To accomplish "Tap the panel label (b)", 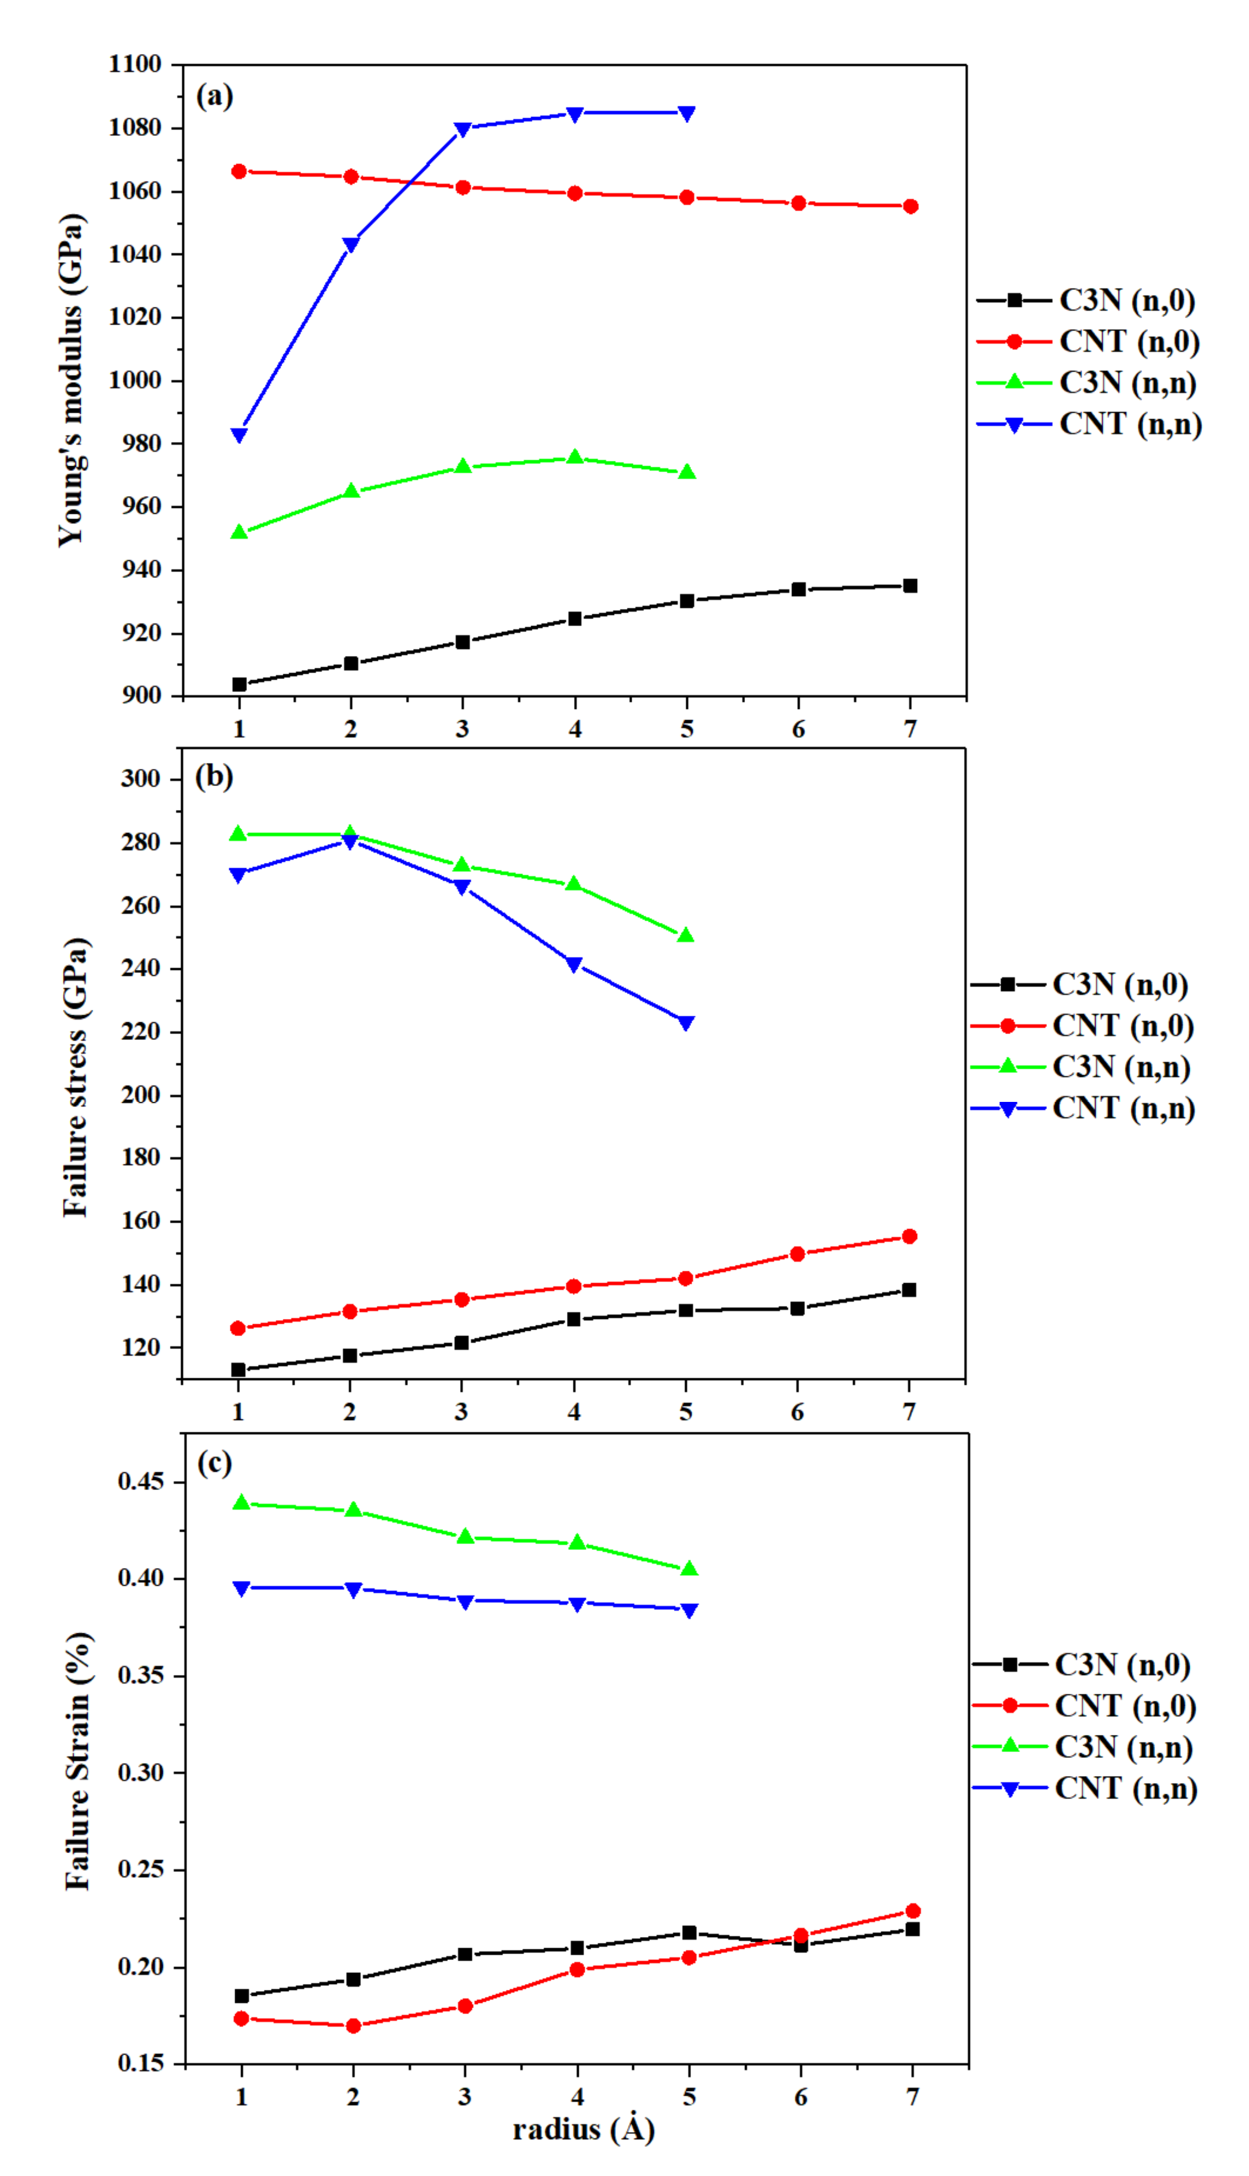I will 214,776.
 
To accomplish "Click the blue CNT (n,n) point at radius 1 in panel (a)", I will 239,435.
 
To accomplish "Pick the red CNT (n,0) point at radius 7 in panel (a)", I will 910,206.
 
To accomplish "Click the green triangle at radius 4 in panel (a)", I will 575,457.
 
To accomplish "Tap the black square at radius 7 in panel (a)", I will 910,586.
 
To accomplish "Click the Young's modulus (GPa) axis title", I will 72,380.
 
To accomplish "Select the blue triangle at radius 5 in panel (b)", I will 685,1023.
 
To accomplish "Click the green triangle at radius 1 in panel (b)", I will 238,833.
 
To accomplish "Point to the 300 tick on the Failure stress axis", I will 141,778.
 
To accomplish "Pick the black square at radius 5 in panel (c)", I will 689,1932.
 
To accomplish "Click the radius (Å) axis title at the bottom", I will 583,2129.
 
